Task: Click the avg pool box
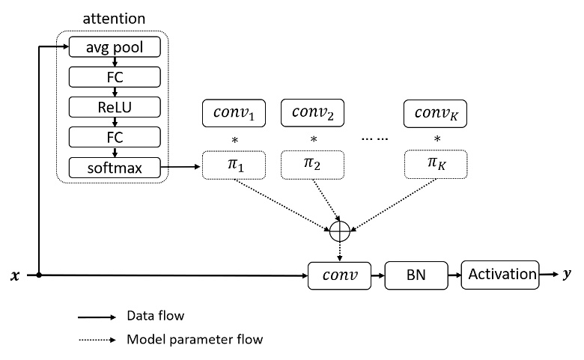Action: click(115, 48)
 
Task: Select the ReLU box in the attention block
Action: click(115, 107)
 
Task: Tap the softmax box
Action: click(115, 168)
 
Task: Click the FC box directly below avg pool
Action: click(115, 77)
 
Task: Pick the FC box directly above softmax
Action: click(115, 138)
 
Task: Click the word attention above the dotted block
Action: click(115, 16)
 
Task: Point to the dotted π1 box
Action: click(234, 165)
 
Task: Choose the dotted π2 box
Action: click(312, 165)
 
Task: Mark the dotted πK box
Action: click(435, 165)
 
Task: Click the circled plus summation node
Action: click(340, 233)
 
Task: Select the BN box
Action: click(416, 275)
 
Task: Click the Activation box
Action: click(499, 275)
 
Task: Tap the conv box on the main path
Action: click(339, 275)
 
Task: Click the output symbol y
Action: click(567, 275)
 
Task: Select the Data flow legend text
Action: click(155, 317)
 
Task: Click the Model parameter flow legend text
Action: click(195, 340)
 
